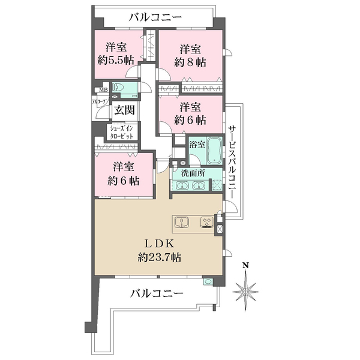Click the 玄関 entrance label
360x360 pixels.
point(124,111)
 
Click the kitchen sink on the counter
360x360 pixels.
point(182,225)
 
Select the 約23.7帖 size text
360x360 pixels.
point(159,257)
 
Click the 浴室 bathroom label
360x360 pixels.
point(197,144)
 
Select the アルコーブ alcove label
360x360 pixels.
point(99,102)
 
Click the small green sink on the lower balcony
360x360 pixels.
point(208,281)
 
